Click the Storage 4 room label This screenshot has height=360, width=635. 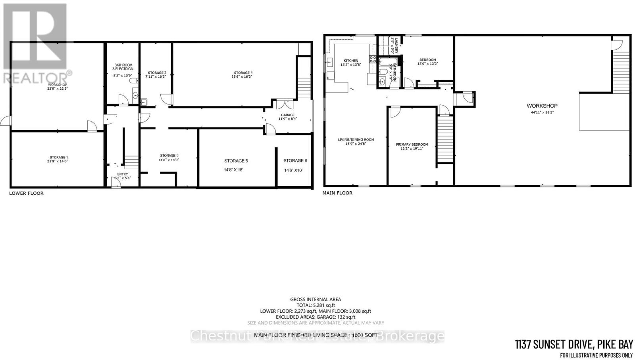coord(243,73)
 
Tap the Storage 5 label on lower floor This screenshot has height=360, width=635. coord(236,161)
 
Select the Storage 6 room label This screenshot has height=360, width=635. coord(295,160)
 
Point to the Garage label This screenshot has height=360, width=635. coord(288,115)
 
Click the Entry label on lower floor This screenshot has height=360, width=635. coord(123,174)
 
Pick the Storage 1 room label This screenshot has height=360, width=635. coord(58,158)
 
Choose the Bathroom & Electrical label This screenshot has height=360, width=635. coord(123,67)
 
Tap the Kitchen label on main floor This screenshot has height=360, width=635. coord(350,61)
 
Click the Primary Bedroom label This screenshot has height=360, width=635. coord(412,144)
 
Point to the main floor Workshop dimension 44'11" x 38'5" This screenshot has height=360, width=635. coord(542,112)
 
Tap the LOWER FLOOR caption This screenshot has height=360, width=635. coord(26,193)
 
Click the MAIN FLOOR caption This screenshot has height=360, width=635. coord(337,193)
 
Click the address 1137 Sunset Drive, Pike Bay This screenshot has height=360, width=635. coord(573,344)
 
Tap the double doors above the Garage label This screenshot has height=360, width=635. coord(285,104)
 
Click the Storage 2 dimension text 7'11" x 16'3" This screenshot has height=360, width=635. coord(156,76)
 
